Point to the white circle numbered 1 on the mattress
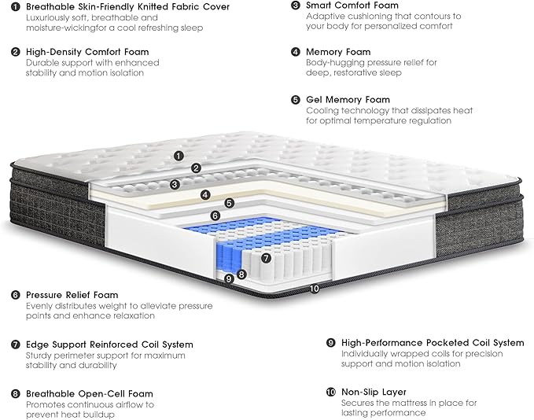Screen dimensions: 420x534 179,156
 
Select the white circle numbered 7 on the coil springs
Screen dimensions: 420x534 266,258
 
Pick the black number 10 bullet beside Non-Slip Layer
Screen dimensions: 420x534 330,391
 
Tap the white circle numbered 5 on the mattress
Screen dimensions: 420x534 229,203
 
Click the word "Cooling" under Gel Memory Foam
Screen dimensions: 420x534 323,111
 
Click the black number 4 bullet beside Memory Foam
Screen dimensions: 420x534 295,53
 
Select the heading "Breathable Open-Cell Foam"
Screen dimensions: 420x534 89,393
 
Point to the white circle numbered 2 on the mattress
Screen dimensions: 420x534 196,168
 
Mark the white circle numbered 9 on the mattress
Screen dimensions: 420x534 229,278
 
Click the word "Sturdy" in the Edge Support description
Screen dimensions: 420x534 40,356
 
